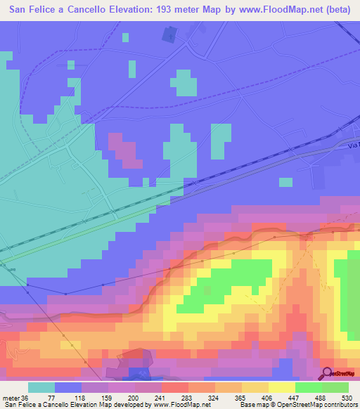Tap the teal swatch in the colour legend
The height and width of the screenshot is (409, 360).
coord(41,388)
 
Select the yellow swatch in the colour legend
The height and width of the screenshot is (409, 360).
coord(281,388)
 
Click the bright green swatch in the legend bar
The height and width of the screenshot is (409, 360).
coord(308,388)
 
